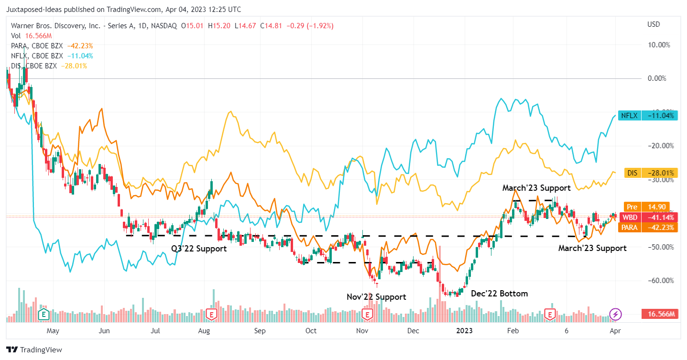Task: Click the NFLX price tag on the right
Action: click(x=648, y=115)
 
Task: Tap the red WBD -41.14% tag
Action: click(x=648, y=217)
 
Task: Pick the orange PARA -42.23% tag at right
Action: click(x=648, y=228)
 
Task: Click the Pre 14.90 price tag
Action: click(x=648, y=207)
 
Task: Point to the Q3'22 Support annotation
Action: click(x=198, y=249)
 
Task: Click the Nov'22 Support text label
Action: click(x=376, y=297)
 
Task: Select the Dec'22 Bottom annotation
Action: click(x=500, y=294)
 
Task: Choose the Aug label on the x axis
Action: click(x=204, y=330)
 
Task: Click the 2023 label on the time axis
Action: click(x=464, y=330)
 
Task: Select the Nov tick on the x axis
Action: click(x=362, y=330)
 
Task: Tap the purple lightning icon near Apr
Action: click(x=616, y=314)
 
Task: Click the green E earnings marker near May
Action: click(x=44, y=314)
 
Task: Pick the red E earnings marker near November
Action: click(x=367, y=314)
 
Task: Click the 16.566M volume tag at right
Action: click(x=661, y=314)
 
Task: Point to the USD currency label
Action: click(x=653, y=24)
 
